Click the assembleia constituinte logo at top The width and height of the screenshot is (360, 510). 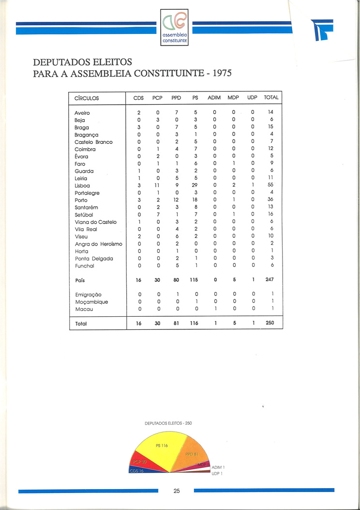(175, 28)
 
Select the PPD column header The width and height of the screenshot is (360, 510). (176, 97)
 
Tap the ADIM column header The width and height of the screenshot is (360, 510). (214, 97)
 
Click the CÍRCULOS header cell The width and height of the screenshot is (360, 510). (87, 98)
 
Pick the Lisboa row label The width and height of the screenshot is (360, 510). (82, 186)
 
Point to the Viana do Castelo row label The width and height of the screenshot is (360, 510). (95, 222)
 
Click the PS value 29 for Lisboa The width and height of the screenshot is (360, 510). (195, 186)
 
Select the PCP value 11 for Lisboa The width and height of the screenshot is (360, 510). (157, 186)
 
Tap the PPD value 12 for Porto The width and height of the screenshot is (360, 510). (176, 201)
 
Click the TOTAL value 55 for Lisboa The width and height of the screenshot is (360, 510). (271, 186)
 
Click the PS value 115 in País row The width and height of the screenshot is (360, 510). (195, 279)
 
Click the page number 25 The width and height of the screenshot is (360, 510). (177, 491)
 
